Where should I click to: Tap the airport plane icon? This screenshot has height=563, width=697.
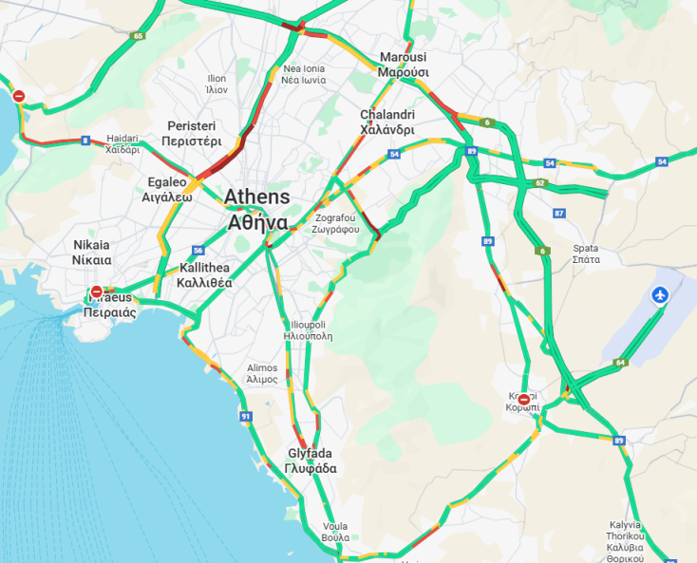pyautogui.click(x=660, y=295)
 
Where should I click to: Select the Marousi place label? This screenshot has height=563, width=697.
pyautogui.click(x=404, y=65)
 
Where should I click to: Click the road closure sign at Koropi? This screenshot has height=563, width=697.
pyautogui.click(x=523, y=400)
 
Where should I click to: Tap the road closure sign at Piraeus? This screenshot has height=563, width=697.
pyautogui.click(x=96, y=291)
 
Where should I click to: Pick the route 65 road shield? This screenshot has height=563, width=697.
pyautogui.click(x=139, y=36)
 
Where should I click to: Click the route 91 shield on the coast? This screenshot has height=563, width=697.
pyautogui.click(x=246, y=416)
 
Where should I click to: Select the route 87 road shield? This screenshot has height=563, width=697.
pyautogui.click(x=559, y=213)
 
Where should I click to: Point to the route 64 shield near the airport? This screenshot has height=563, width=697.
pyautogui.click(x=620, y=362)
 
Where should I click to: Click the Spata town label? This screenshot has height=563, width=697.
pyautogui.click(x=586, y=253)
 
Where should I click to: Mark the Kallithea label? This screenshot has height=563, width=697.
pyautogui.click(x=204, y=275)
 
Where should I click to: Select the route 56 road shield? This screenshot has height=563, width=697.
pyautogui.click(x=198, y=251)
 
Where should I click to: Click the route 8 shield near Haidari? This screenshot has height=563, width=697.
pyautogui.click(x=85, y=141)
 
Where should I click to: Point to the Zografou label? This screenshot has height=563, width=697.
pyautogui.click(x=337, y=224)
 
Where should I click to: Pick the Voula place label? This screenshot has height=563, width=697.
pyautogui.click(x=335, y=531)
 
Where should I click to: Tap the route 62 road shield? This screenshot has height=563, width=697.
pyautogui.click(x=540, y=182)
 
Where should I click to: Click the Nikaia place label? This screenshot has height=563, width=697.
pyautogui.click(x=92, y=252)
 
